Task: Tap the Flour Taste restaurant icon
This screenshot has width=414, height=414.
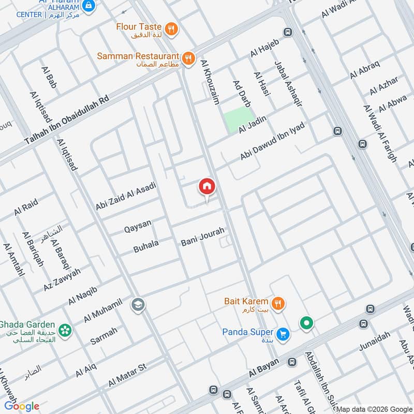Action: [172, 27]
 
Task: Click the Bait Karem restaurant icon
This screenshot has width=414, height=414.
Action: [278, 304]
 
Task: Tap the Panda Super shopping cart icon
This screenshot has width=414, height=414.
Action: [283, 334]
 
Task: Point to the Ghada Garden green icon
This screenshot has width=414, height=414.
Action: [65, 330]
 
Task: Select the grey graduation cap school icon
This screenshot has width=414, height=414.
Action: [138, 304]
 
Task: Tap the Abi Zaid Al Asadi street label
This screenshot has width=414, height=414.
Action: [125, 196]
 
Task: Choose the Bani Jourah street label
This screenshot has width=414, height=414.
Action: [202, 237]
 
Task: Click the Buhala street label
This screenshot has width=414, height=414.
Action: [146, 245]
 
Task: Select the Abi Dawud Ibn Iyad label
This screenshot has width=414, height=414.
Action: [273, 141]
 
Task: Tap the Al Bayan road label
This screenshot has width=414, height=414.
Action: [264, 368]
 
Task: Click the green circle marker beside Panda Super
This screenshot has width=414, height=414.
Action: [307, 324]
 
